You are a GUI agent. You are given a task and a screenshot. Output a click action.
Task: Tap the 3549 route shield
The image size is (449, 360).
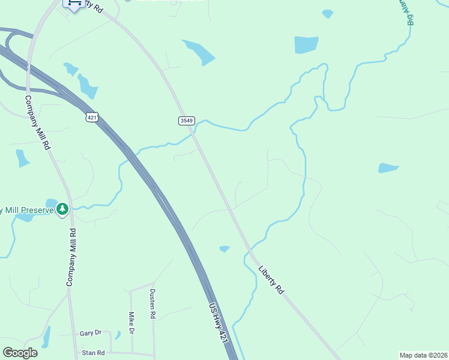[187, 121]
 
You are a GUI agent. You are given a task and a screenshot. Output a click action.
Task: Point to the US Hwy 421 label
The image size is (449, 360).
[219, 323]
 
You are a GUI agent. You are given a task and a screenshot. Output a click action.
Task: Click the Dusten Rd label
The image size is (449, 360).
[152, 304]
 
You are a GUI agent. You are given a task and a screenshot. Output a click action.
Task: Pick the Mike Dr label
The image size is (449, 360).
[131, 323]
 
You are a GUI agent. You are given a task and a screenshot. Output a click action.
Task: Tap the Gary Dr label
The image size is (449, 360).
[91, 333]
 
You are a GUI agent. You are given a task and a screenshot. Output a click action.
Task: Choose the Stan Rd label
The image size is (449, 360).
[93, 353]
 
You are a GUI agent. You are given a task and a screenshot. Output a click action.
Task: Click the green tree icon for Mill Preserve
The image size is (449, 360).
[62, 209]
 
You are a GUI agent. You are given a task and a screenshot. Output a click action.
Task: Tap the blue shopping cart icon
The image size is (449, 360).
[73, 4]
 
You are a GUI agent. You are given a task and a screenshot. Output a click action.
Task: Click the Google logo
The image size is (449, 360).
[20, 353]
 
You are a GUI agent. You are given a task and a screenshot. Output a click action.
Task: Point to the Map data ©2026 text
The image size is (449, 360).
[423, 355]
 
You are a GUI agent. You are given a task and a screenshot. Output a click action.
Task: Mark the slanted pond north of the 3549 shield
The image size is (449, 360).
[199, 52]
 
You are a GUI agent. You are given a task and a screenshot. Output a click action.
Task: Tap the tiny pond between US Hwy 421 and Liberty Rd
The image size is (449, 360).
[224, 248]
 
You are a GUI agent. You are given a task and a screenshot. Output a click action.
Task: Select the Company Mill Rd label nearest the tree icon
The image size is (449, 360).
[71, 257]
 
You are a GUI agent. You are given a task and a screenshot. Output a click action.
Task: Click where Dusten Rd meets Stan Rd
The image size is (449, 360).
[154, 353]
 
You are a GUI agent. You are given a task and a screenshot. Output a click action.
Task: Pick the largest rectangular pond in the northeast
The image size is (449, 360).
[306, 45]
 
